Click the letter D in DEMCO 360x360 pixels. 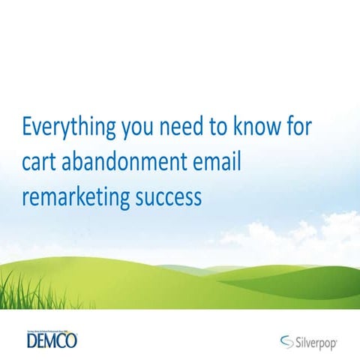[31, 341]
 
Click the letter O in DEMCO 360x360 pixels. [72, 341]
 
